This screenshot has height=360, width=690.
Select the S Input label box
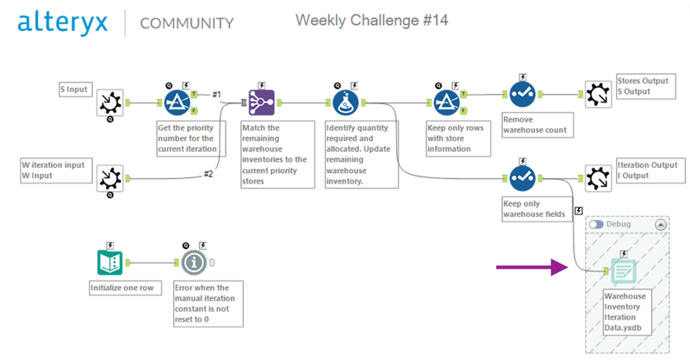point(74,88)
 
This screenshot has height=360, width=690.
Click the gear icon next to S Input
point(110,103)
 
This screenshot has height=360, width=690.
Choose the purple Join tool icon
point(260,103)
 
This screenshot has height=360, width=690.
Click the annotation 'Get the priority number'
point(190,138)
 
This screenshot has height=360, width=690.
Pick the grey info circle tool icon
point(195,262)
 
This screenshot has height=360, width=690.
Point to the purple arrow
point(531,268)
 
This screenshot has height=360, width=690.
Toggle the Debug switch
point(596,224)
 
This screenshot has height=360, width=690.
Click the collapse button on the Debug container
point(662,224)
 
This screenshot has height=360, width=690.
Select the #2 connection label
point(208,174)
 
